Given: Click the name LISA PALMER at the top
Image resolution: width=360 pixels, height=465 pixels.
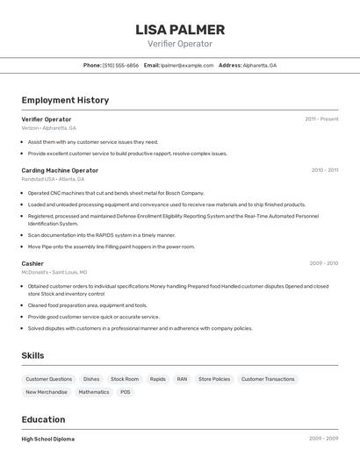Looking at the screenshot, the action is tap(180, 29).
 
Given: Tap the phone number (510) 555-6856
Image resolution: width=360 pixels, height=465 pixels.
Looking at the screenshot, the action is tap(120, 65).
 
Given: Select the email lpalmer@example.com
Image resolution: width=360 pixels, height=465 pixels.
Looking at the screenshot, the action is tap(187, 65).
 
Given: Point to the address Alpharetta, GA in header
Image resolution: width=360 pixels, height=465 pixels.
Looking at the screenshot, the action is tap(259, 65).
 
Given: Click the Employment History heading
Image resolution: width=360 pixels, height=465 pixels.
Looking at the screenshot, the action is tap(65, 100).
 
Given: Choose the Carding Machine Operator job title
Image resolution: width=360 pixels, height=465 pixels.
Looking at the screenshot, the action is tap(60, 170).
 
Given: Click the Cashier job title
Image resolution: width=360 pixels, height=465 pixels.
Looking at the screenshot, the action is tap(32, 263).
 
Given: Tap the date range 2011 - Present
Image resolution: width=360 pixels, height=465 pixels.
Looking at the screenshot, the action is tap(321, 118).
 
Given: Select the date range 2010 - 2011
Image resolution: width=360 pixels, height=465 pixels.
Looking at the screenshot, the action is tap(324, 170).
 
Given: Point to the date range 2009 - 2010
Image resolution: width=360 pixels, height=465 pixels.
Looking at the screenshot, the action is tap(323, 263).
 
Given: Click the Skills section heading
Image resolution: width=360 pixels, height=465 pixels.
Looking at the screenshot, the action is tap(33, 355).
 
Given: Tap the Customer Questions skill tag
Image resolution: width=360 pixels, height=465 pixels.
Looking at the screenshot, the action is tap(49, 379).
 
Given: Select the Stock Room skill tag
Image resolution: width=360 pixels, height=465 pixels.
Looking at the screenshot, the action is tap(125, 379).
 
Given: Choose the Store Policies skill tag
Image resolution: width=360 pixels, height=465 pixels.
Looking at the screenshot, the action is tap(214, 379).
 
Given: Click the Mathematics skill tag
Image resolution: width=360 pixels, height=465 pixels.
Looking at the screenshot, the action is tap(94, 392).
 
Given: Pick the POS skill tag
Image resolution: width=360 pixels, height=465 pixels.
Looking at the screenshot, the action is tap(126, 392).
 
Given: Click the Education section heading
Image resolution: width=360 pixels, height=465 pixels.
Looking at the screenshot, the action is tap(43, 419).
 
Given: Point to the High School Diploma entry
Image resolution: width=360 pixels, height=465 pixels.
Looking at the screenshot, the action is tap(48, 439).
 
